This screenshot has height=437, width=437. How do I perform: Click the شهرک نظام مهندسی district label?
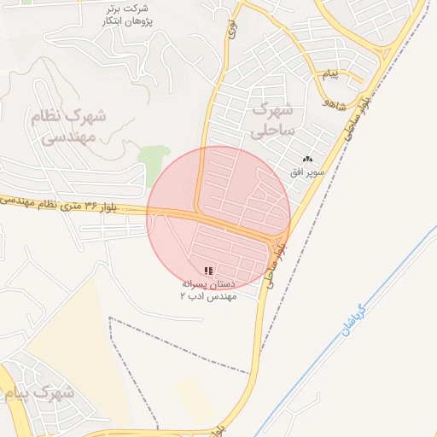(68, 125)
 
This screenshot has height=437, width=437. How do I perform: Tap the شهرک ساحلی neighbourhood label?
(272, 119)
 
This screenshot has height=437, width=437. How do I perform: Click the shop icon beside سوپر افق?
(308, 159)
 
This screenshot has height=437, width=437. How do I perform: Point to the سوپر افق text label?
(307, 171)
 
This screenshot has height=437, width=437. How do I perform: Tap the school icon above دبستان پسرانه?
(210, 270)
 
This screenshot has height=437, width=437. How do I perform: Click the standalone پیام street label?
(329, 75)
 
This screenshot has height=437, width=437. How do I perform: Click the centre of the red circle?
(218, 218)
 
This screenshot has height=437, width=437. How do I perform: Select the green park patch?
(154, 162)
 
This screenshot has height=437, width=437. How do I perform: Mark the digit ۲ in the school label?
(182, 295)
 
